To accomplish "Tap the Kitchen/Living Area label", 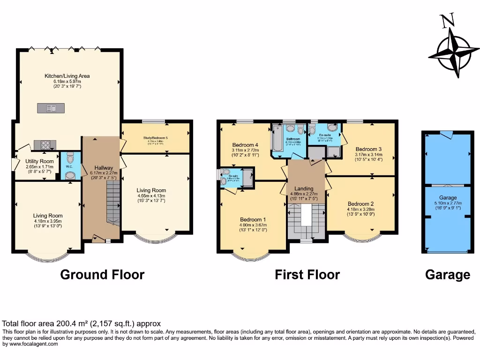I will tap(67, 76).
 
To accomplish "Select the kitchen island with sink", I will tap(51, 108).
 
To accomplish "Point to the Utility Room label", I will tap(40, 161).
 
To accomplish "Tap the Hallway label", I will tap(103, 167).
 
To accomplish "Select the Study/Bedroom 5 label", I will tap(155, 138).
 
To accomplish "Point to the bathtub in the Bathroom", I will tap(277, 138).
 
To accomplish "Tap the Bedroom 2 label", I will tap(360, 204).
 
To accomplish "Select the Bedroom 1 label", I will tap(253, 219).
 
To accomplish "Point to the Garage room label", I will tap(447, 198).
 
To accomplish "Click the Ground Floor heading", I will tap(102, 275).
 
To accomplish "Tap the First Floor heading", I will tap(307, 275).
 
